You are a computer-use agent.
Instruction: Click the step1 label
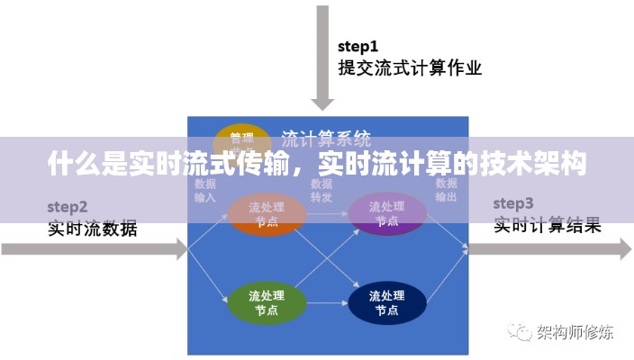point(358,46)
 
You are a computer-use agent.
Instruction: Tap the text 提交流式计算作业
point(410,67)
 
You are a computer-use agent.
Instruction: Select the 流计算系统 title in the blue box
point(326,139)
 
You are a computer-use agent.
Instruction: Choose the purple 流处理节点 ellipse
point(386,215)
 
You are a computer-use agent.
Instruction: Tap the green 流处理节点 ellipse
point(266,303)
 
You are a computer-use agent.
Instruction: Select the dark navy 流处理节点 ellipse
point(386,303)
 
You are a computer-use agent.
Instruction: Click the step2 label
point(68,206)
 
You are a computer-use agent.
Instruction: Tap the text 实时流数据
point(93,229)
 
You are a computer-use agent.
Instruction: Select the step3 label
point(513,202)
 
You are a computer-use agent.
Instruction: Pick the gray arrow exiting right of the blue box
point(549,249)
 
